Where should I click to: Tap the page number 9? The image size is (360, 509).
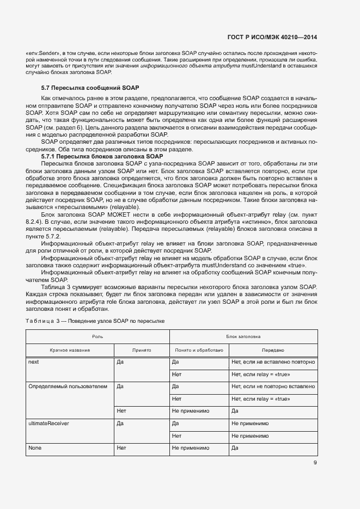[x=315, y=463]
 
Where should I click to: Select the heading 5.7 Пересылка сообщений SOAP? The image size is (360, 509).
[x=90, y=88]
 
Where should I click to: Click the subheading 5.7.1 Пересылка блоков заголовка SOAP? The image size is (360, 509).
[x=95, y=156]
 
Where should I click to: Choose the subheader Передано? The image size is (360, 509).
[x=272, y=350]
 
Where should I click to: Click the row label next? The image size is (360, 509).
[x=34, y=361]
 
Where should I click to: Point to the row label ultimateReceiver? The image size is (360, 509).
[x=48, y=423]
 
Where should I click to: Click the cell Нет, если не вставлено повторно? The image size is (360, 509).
[x=273, y=361]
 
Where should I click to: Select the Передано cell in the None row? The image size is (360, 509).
[x=235, y=449]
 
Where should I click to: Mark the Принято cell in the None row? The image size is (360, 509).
[x=123, y=449]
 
